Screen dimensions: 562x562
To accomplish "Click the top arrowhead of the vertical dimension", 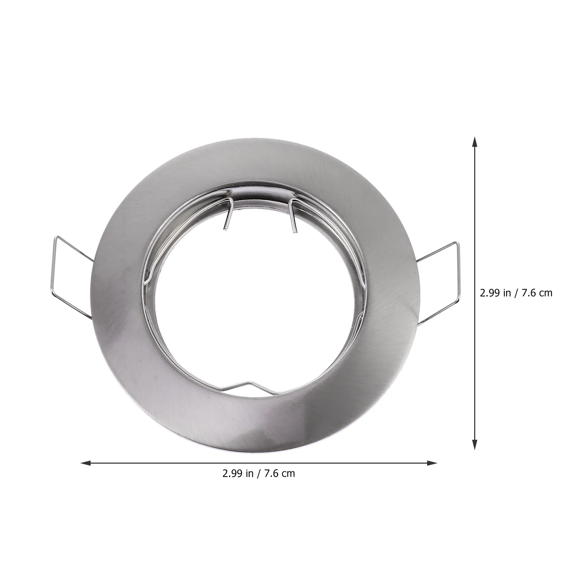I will click(x=475, y=142).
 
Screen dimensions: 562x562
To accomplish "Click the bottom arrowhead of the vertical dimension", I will click(x=475, y=444).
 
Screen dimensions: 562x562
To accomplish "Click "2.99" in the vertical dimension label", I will click(x=490, y=293).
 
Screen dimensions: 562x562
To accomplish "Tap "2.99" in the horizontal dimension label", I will click(x=233, y=473).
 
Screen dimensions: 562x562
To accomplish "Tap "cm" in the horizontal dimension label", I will click(x=288, y=473).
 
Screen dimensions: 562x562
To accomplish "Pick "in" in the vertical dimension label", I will click(x=507, y=293).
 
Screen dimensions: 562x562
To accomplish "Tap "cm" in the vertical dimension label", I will click(x=546, y=293).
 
